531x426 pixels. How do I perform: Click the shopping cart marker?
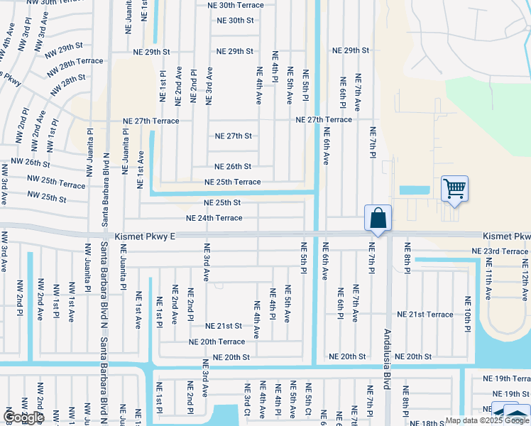pyautogui.click(x=454, y=190)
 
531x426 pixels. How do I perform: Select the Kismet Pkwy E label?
pyautogui.click(x=143, y=235)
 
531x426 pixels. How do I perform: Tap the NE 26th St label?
pyautogui.click(x=233, y=167)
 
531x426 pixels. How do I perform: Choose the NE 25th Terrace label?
pyautogui.click(x=232, y=182)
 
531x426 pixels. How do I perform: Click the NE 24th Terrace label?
pyautogui.click(x=214, y=218)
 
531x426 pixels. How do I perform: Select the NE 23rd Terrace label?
pyautogui.click(x=500, y=251)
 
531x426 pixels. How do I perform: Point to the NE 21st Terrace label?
pyautogui.click(x=425, y=314)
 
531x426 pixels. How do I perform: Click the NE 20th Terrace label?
pyautogui.click(x=217, y=342)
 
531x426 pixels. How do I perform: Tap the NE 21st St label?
pyautogui.click(x=224, y=326)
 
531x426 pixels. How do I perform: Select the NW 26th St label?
pyautogui.click(x=28, y=163)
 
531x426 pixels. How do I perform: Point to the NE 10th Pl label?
pyautogui.click(x=468, y=314)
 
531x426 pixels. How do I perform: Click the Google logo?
pyautogui.click(x=23, y=417)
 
